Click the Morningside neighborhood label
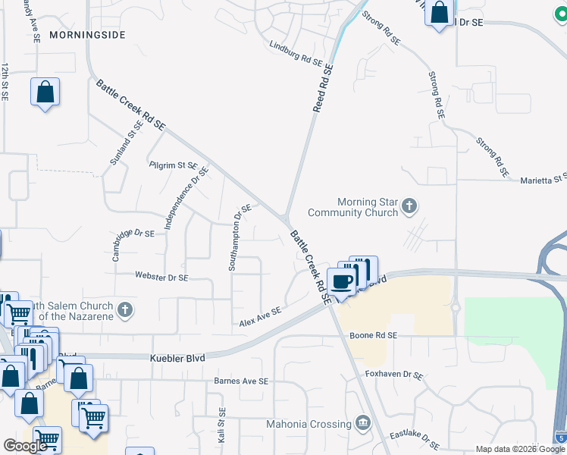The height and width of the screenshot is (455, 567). click(87, 35)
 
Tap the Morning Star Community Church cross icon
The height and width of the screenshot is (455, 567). click(409, 205)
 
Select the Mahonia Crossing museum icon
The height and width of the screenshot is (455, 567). click(362, 422)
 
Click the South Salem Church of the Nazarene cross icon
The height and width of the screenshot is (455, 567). click(126, 309)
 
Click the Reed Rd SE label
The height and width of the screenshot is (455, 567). click(324, 89)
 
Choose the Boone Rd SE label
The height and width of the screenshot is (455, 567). click(373, 335)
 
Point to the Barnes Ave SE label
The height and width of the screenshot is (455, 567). click(241, 381)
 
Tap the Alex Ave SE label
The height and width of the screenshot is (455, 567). click(260, 317)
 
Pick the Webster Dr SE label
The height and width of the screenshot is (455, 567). click(161, 278)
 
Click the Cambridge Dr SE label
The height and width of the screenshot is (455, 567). click(133, 245)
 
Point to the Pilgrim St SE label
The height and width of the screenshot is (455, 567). click(173, 165)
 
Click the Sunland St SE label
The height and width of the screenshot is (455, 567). click(126, 144)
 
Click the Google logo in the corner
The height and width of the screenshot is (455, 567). click(25, 446)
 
